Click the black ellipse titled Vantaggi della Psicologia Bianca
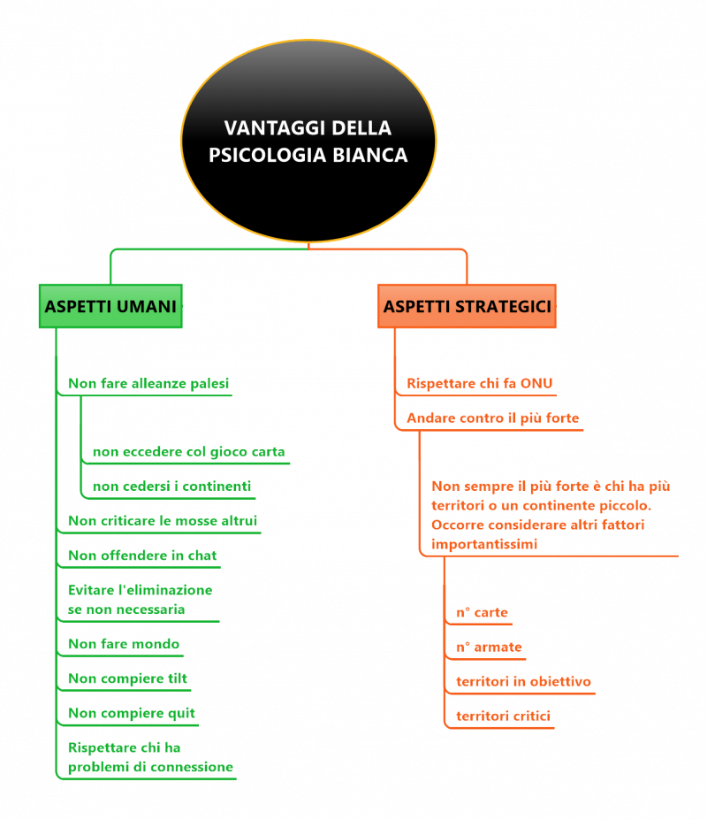click(308, 142)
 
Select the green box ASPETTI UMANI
click(110, 306)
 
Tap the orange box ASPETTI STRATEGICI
click(468, 306)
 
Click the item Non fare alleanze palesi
click(148, 384)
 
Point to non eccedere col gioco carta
click(188, 452)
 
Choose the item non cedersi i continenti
click(172, 487)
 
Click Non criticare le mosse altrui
click(163, 521)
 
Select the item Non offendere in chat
click(142, 556)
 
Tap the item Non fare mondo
click(124, 644)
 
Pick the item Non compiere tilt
click(127, 678)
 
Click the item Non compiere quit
click(132, 713)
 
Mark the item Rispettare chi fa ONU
click(480, 384)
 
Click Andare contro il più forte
click(493, 418)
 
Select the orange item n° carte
click(482, 612)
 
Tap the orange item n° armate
click(489, 647)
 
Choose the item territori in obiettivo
click(523, 681)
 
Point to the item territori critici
click(503, 716)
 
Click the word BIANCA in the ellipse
click(370, 156)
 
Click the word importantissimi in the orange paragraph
click(484, 544)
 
